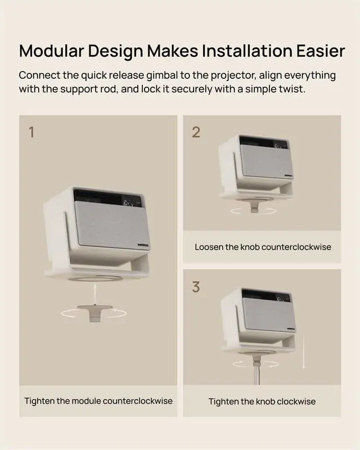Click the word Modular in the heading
coord(52,51)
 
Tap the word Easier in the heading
coord(321,51)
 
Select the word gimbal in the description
coord(162,75)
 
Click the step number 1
coord(31,132)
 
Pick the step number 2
coord(196,132)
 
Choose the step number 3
coord(196,287)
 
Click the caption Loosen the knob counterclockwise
coord(263,247)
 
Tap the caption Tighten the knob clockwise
coord(262,401)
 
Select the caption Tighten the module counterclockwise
coord(98,401)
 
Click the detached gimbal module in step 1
coord(94,312)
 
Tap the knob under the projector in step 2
coord(254,206)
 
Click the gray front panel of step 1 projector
coord(112,226)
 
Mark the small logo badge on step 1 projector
coord(143,245)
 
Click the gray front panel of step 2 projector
coord(267,161)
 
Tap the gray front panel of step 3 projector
coord(269,315)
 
